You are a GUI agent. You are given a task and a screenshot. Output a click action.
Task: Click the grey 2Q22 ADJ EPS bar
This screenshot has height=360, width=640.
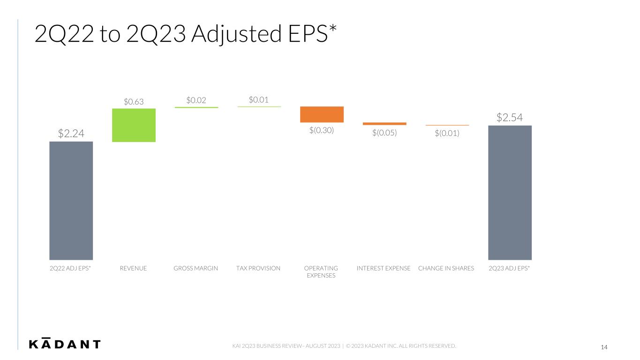tap(71, 201)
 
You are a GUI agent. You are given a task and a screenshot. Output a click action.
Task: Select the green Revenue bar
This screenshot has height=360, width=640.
tap(134, 125)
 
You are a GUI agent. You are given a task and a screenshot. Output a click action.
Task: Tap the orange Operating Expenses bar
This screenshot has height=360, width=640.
tap(322, 114)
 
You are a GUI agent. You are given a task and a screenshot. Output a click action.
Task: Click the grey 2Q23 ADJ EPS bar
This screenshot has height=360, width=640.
tap(510, 193)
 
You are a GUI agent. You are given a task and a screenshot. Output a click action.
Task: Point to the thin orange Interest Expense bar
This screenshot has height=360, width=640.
tap(384, 124)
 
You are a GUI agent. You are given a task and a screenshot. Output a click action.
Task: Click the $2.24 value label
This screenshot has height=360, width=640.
tap(71, 134)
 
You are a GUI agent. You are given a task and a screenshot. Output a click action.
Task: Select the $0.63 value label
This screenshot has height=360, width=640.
tap(134, 101)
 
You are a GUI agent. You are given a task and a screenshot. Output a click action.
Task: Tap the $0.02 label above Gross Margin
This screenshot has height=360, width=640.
tap(196, 100)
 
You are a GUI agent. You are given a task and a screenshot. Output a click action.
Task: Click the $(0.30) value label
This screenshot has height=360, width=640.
tap(322, 130)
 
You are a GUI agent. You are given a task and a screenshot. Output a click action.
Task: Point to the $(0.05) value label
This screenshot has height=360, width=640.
tap(384, 133)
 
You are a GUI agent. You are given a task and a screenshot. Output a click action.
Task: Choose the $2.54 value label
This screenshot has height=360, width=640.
tap(510, 118)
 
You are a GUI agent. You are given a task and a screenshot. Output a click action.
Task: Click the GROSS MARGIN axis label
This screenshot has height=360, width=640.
tap(196, 268)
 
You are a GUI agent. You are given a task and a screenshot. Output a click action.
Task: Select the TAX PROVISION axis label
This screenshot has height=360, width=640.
tap(258, 268)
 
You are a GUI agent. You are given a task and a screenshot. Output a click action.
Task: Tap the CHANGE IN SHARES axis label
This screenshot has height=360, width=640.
tap(446, 268)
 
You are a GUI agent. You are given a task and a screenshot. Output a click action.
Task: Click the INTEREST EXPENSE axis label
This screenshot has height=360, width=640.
tap(384, 268)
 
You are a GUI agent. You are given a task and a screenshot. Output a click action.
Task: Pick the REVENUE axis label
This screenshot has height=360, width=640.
tap(133, 268)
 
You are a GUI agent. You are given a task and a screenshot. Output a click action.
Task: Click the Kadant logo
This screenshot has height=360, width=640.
tap(65, 344)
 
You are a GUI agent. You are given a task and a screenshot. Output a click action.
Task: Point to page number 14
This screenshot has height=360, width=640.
tap(604, 347)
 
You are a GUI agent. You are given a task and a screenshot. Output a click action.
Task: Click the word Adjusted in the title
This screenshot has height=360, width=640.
tap(237, 34)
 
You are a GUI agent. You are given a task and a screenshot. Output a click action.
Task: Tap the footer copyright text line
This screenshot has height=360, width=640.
tap(344, 346)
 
